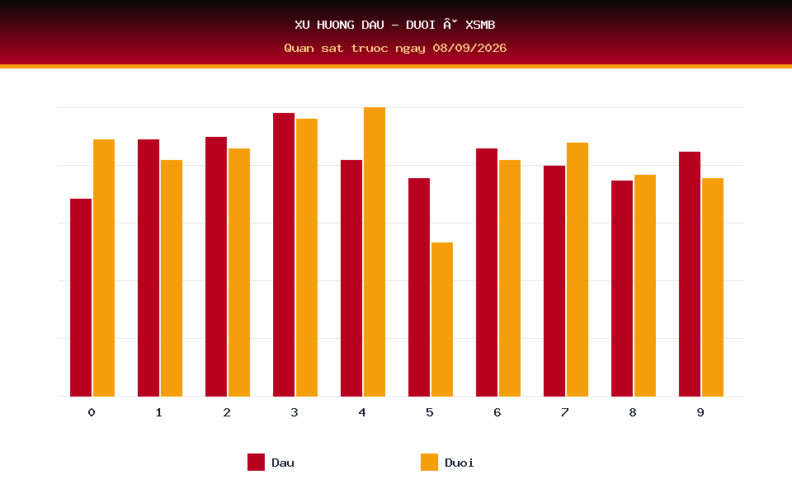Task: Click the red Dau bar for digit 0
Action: click(81, 298)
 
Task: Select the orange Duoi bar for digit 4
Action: click(375, 251)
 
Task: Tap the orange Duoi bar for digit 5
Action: click(442, 319)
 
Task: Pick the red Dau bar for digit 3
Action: click(284, 255)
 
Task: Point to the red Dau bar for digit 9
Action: click(690, 274)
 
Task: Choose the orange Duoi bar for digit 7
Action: click(577, 270)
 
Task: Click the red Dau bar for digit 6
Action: click(487, 272)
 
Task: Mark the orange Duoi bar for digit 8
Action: click(645, 285)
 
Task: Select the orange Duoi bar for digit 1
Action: click(172, 278)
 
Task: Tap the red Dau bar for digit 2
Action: click(216, 266)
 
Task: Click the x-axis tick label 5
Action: click(430, 412)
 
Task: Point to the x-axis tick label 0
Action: click(92, 412)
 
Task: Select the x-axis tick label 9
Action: click(700, 412)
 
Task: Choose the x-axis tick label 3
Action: click(295, 412)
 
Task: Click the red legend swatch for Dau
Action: click(256, 462)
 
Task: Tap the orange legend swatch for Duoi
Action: click(429, 462)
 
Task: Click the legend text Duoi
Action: click(460, 463)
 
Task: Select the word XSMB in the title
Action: click(480, 25)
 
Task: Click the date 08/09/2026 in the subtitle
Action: click(469, 48)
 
